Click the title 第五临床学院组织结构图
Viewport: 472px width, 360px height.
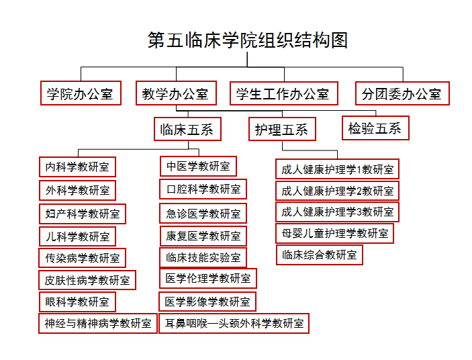tap(248, 40)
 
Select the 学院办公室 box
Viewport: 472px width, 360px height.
tap(80, 94)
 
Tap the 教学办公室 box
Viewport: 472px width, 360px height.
tap(175, 94)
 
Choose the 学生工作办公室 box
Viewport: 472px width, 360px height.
tap(283, 94)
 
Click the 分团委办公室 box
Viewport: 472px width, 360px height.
tap(402, 94)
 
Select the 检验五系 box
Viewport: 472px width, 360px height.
tap(375, 128)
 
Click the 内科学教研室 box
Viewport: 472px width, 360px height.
tap(77, 166)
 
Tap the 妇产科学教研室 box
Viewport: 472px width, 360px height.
tap(82, 214)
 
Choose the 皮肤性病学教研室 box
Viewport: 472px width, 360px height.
tap(87, 280)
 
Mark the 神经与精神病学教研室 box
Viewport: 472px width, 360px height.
tap(98, 323)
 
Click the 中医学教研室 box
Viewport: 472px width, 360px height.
tap(198, 166)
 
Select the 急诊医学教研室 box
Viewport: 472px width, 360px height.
tap(203, 214)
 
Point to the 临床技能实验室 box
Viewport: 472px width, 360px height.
tap(203, 257)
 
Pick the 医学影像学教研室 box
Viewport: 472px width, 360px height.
tap(207, 302)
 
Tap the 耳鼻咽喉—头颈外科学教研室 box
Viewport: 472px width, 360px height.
tap(234, 323)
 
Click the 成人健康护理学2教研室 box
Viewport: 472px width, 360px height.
tap(337, 190)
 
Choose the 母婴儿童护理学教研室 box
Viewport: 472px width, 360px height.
tap(334, 233)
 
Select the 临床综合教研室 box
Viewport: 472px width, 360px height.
tap(320, 255)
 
